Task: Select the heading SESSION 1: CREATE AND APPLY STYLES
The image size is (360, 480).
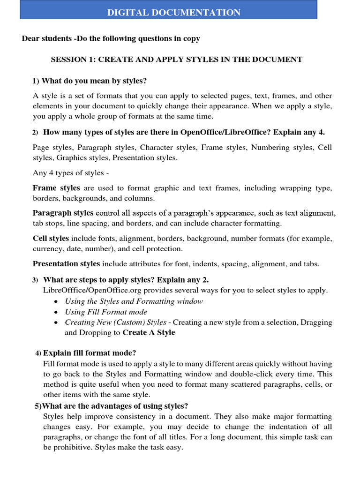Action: point(176,60)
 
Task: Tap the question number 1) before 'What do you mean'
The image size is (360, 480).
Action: point(36,82)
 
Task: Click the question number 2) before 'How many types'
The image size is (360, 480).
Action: point(35,133)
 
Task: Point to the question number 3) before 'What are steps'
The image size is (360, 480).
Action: point(35,280)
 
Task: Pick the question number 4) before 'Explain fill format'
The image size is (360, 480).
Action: point(38,353)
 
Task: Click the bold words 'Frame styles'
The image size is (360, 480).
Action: point(56,188)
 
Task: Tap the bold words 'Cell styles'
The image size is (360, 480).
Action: point(51,239)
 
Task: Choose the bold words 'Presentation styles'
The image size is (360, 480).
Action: point(66,264)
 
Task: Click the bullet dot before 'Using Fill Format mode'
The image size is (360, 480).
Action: point(56,312)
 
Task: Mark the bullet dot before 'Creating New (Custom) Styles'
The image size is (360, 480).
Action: point(56,323)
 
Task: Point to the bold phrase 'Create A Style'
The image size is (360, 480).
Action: point(149,333)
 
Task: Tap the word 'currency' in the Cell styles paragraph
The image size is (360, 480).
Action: point(47,249)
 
